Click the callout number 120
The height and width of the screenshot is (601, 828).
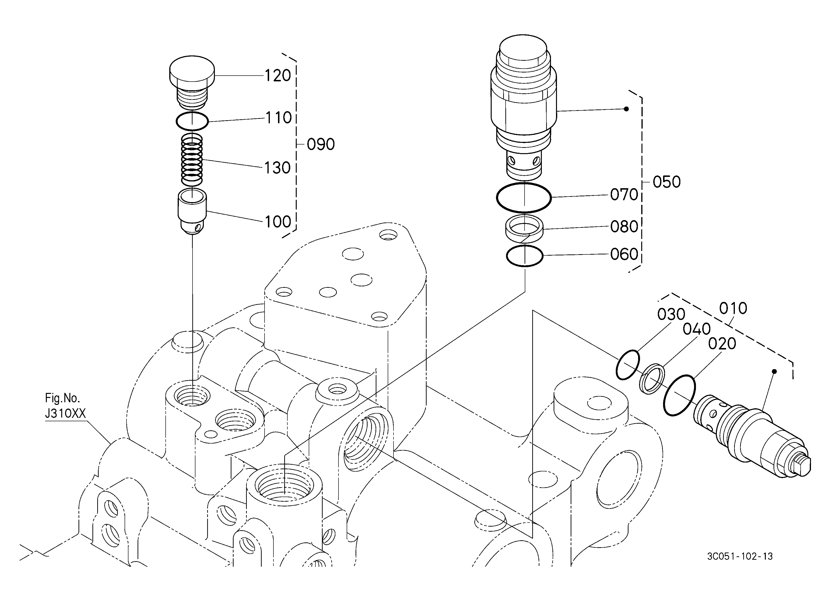pos(278,76)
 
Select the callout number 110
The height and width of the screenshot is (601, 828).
pos(278,118)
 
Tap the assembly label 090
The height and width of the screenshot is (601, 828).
pos(320,144)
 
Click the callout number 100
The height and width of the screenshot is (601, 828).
pos(278,222)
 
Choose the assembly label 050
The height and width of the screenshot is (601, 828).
pos(667,182)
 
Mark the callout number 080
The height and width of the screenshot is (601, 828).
pos(624,227)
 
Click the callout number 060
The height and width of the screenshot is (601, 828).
pos(624,254)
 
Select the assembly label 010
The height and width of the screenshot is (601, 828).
pos(733,309)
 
